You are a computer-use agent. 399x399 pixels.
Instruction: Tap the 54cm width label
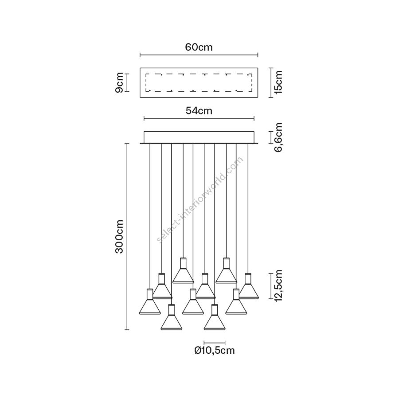tap(199, 111)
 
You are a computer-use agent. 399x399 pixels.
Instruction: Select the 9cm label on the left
tap(119, 82)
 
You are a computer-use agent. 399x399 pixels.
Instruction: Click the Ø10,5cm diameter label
tap(215, 351)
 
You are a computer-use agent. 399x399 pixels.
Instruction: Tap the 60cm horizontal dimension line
tap(199, 55)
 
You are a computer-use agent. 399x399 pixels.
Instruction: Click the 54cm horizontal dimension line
tap(199, 118)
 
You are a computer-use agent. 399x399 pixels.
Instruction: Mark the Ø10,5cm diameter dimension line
tap(215, 342)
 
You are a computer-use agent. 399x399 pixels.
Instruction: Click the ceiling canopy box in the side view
tap(199, 137)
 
